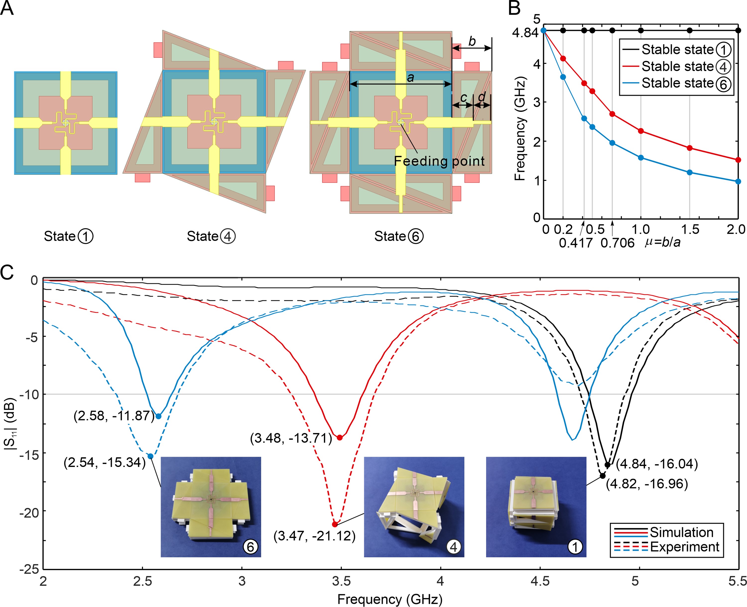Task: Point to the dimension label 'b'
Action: (472, 42)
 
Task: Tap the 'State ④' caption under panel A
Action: (211, 236)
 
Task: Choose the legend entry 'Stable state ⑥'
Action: (686, 83)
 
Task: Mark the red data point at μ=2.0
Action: (738, 160)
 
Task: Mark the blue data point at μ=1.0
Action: (641, 158)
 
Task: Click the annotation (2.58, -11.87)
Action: (114, 416)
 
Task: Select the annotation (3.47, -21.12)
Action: (314, 536)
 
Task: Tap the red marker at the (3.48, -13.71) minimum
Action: (339, 437)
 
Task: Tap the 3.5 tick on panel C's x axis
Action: (341, 581)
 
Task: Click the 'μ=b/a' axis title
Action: (662, 242)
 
